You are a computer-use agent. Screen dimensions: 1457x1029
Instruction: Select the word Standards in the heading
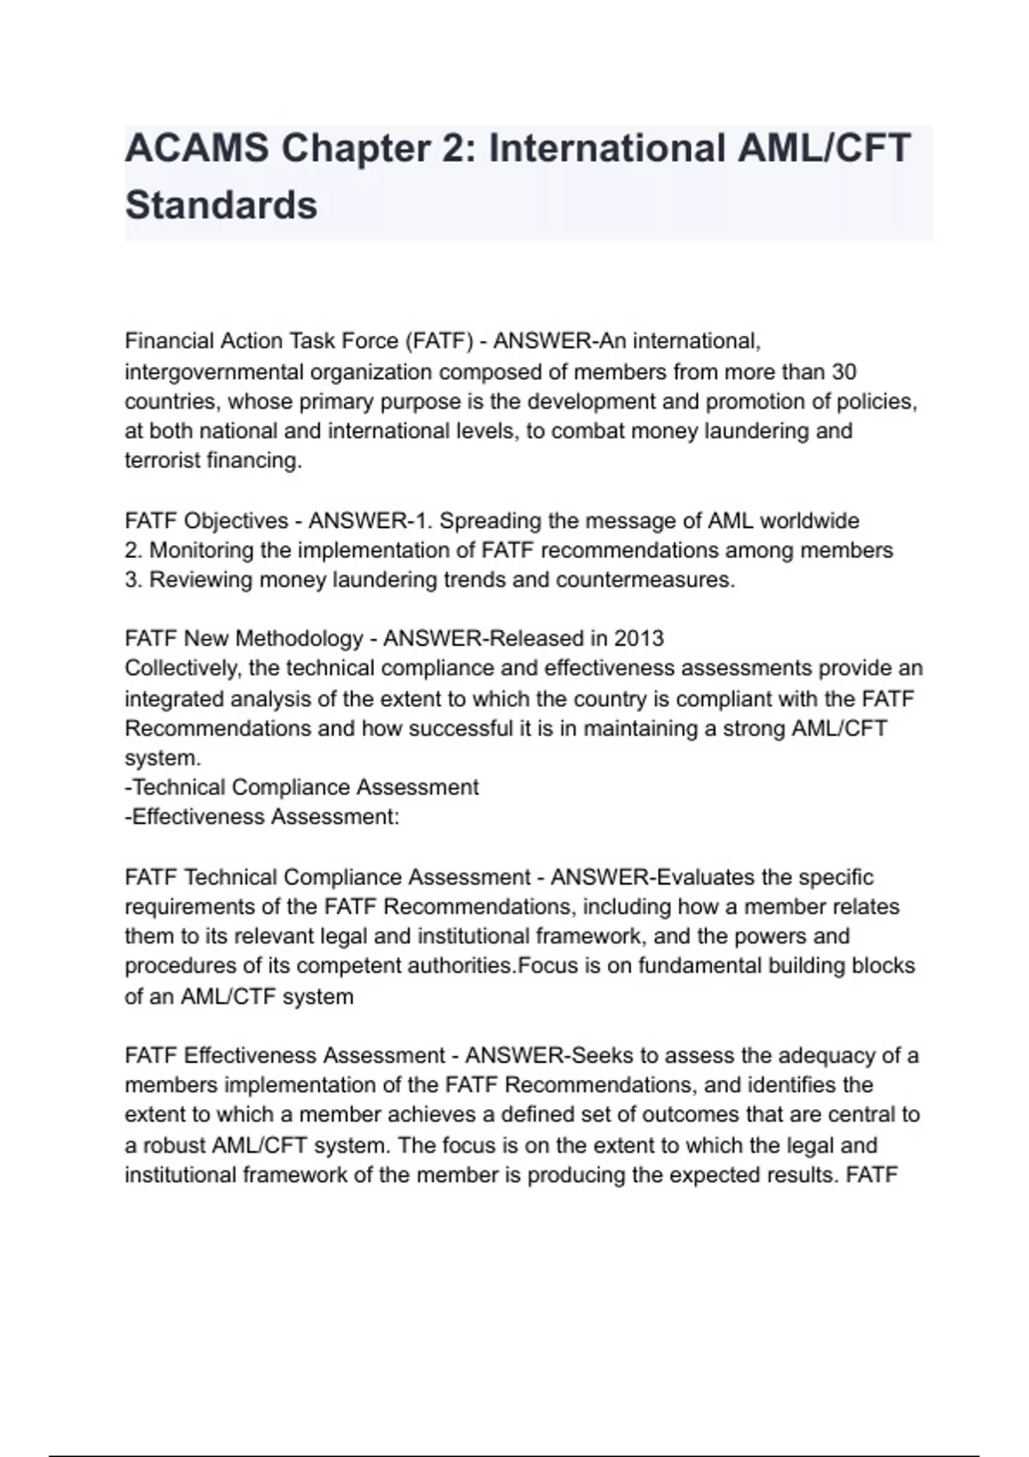tap(221, 206)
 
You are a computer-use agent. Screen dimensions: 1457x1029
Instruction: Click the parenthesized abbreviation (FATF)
tap(439, 341)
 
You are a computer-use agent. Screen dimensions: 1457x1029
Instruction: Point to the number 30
tap(845, 372)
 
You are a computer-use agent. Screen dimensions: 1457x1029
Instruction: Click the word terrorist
tap(162, 460)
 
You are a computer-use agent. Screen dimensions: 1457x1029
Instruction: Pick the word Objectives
tap(236, 521)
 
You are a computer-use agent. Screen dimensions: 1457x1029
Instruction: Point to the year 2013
tap(639, 639)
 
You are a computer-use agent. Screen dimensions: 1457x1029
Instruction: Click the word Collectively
tap(181, 669)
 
